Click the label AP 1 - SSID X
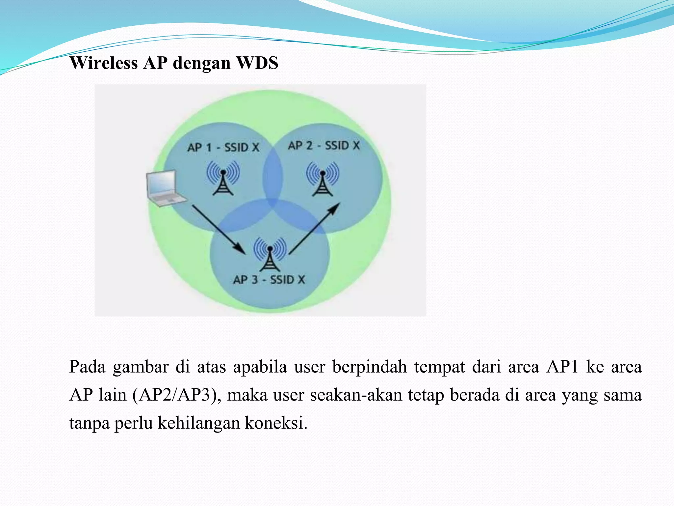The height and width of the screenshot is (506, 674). pos(223,147)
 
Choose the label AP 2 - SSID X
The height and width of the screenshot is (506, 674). pos(324,145)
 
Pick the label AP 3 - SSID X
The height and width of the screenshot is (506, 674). pos(269,280)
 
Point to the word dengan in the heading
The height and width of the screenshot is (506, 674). pos(201,63)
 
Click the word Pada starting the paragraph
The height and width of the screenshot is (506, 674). pos(87,367)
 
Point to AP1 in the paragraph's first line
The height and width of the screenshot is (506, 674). pos(562,367)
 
